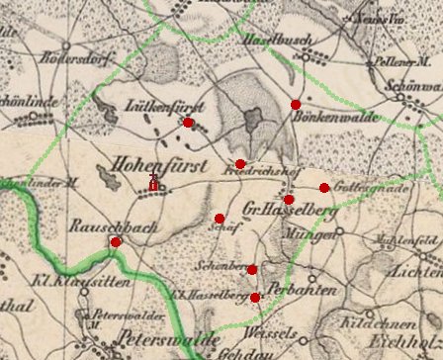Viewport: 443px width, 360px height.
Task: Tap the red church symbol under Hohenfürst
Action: (x=153, y=182)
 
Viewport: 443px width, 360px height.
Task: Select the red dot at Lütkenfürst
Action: (x=188, y=123)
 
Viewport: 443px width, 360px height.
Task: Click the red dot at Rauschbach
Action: (x=116, y=241)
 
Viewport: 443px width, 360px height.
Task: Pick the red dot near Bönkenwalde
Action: (x=295, y=104)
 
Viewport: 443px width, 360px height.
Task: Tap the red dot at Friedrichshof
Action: (x=240, y=164)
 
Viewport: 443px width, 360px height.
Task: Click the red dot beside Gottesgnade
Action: (x=324, y=188)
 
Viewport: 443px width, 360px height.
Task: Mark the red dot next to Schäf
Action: (x=219, y=219)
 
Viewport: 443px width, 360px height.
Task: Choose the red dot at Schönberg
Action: (x=252, y=270)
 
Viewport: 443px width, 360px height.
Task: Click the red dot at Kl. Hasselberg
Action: (x=255, y=298)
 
